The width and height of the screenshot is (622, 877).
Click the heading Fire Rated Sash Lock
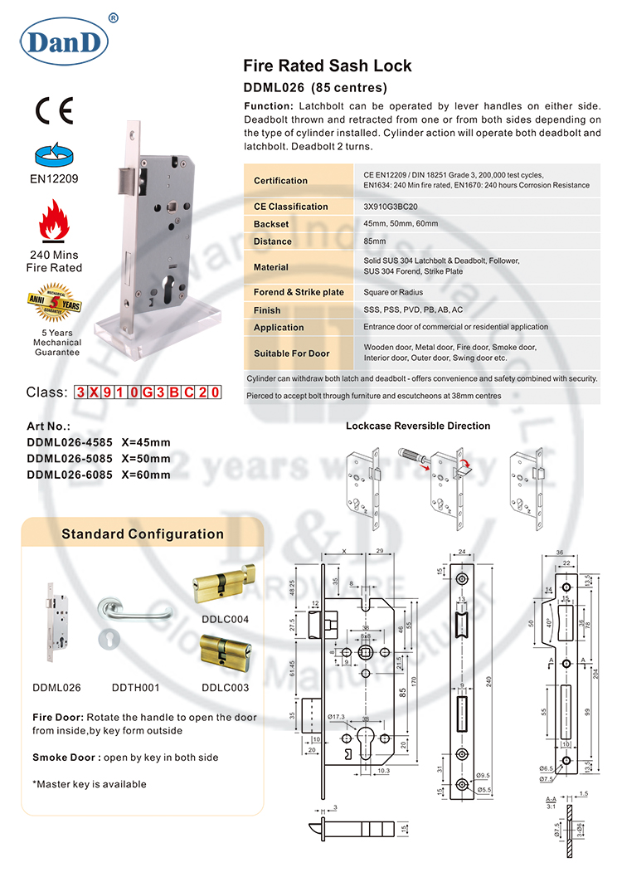[327, 66]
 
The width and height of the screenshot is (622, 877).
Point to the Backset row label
[271, 224]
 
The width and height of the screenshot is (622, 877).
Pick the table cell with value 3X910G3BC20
[392, 207]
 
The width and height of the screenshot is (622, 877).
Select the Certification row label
[280, 180]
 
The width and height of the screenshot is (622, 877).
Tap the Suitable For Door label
[291, 353]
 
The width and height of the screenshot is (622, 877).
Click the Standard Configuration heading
[143, 534]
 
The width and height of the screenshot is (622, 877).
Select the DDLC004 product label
[225, 619]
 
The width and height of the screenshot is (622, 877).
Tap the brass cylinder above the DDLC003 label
[224, 653]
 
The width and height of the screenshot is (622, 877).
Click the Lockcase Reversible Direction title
[417, 426]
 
